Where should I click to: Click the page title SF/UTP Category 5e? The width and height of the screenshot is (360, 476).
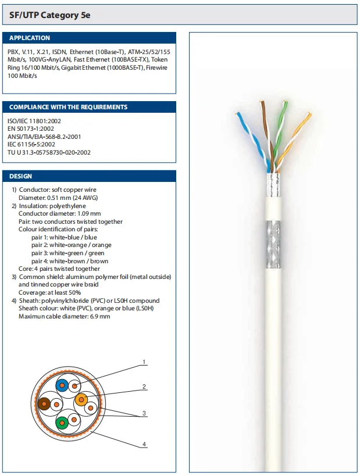pos(50,15)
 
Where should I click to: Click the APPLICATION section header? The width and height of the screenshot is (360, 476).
pos(30,38)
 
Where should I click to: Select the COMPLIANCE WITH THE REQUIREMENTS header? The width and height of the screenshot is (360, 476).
pos(68,107)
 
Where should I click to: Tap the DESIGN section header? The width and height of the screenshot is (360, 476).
pos(21,176)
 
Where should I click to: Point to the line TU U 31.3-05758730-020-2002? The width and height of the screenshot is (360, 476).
pos(49,152)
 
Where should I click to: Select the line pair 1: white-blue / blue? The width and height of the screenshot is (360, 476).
pos(64,237)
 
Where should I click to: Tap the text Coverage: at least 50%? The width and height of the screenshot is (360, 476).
pos(49,293)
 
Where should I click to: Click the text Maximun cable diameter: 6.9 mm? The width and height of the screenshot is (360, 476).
pos(64,316)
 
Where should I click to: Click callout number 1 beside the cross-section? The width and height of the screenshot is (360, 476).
pos(144,363)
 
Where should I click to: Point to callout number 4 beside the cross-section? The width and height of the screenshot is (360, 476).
pos(144,445)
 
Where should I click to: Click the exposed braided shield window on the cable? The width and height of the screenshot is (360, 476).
pos(272,245)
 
